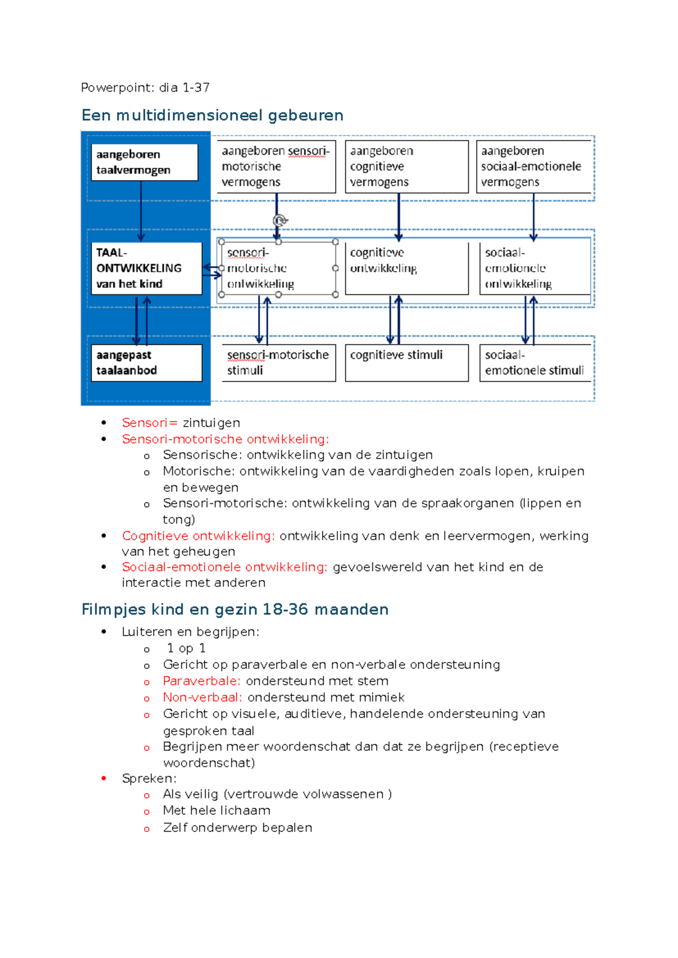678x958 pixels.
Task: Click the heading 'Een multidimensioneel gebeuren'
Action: [x=212, y=115]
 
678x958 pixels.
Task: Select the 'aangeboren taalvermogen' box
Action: [x=145, y=162]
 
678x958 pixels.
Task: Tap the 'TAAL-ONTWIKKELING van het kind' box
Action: [x=146, y=268]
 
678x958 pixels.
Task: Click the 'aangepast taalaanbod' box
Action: [x=146, y=363]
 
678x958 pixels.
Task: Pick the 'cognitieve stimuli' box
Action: [x=407, y=363]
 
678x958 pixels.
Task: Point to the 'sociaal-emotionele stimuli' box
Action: [x=534, y=363]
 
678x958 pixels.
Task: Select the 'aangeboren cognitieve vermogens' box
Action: [x=407, y=167]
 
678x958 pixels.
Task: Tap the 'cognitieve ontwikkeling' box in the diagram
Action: [x=407, y=268]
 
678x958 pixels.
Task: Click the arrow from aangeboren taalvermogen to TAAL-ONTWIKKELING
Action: [x=141, y=212]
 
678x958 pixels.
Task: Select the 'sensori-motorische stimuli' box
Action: [x=278, y=363]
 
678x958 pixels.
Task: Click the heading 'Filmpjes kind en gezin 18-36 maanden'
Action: [x=235, y=609]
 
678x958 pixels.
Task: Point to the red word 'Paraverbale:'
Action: [x=202, y=681]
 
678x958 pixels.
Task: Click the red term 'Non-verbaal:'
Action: [x=202, y=698]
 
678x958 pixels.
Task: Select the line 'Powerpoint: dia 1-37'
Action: [x=145, y=88]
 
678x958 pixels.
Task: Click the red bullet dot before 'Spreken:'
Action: [x=104, y=778]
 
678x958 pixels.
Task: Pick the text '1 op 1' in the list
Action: [x=186, y=648]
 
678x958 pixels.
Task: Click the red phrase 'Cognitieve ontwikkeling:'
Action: [x=198, y=535]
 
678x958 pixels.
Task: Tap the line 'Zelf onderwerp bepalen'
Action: [x=237, y=828]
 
